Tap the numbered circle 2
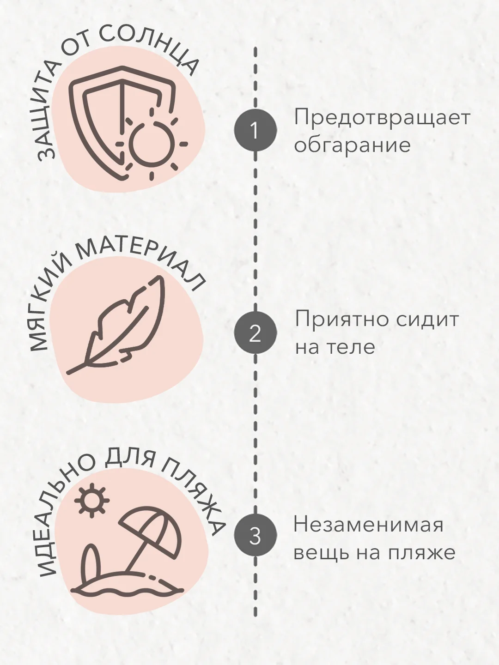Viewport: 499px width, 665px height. pos(255,332)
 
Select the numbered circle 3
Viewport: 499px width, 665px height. pos(255,535)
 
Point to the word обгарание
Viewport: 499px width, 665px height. pos(353,145)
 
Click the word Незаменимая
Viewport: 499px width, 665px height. pos(369,526)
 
